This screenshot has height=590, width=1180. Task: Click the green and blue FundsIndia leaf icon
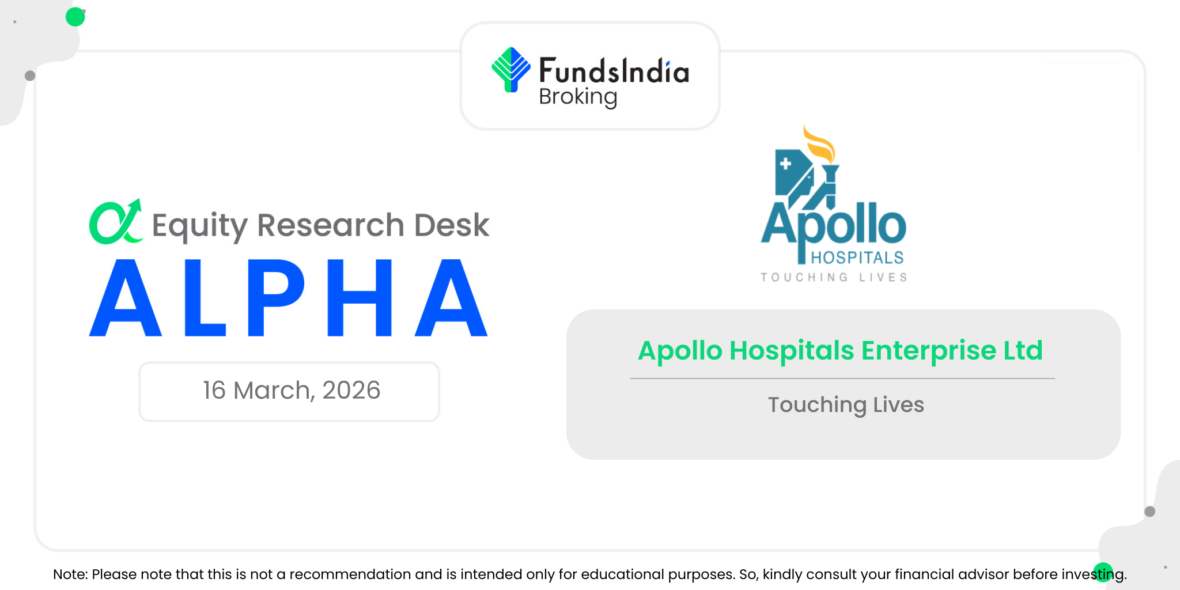[x=510, y=70]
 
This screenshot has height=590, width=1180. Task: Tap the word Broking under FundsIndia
[x=578, y=97]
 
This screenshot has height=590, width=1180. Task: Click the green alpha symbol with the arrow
[x=116, y=222]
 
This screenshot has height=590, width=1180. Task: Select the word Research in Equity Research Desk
[x=331, y=225]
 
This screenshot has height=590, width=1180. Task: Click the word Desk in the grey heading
[x=452, y=225]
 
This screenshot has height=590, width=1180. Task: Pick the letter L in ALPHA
[x=205, y=298]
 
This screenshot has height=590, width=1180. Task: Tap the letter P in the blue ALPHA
[x=276, y=298]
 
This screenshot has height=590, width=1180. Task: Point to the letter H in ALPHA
[x=360, y=298]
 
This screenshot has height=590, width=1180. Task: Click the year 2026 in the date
[x=351, y=391]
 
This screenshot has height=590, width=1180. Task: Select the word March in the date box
[x=274, y=391]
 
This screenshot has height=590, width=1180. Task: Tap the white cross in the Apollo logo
[x=785, y=164]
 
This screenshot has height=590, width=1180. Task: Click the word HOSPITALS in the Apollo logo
[x=857, y=258]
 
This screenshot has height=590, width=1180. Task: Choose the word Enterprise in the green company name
[x=929, y=351]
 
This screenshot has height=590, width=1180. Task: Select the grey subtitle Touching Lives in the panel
[x=846, y=405]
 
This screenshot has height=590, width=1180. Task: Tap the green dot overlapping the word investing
[x=1103, y=572]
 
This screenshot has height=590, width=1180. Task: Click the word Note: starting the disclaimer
[x=70, y=574]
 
